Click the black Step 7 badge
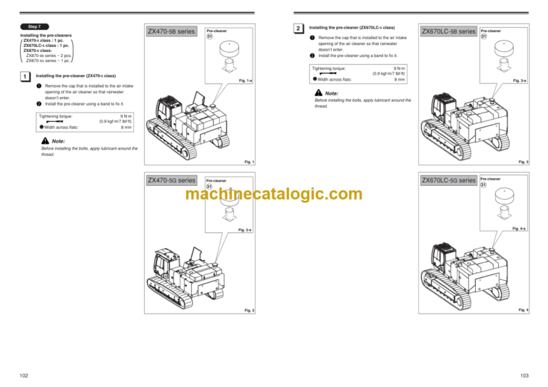[x=34, y=26]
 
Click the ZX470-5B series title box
[x=171, y=32]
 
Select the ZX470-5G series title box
[x=171, y=180]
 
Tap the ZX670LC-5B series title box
[x=448, y=32]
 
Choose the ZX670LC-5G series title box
[x=448, y=180]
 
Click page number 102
[x=25, y=375]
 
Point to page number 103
[x=524, y=375]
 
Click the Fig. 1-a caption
[x=245, y=81]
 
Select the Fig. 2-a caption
[x=245, y=230]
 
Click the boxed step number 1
[x=25, y=76]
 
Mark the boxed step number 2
[x=298, y=29]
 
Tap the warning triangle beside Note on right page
[x=318, y=93]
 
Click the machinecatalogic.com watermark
[x=274, y=194]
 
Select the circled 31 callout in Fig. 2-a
[x=210, y=187]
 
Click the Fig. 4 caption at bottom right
[x=523, y=310]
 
